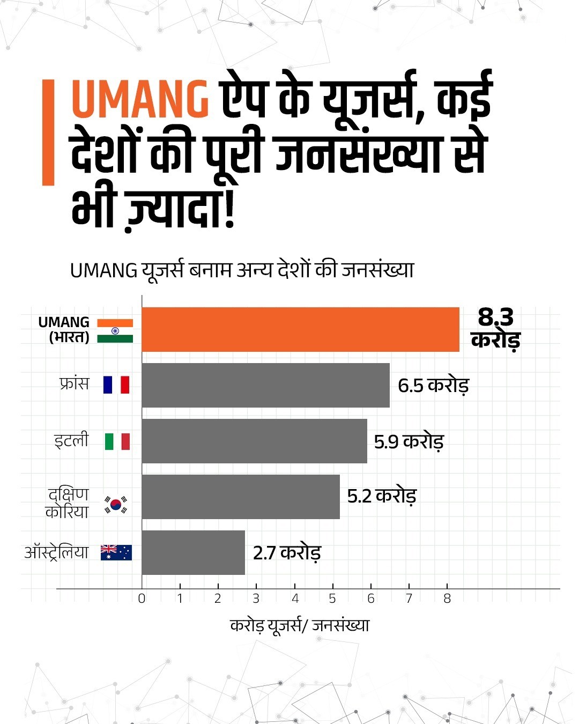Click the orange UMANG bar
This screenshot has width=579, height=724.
point(300,329)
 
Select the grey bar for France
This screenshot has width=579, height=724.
point(265,385)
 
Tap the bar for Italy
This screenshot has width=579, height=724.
point(254,441)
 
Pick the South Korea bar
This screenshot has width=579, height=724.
point(241,497)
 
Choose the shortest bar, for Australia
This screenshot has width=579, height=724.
point(193,552)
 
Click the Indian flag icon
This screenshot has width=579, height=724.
point(115,331)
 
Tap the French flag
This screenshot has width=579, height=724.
point(116,385)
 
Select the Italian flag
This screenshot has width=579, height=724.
point(117,441)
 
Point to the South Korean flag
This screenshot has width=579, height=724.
point(116,505)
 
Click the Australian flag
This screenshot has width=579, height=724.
point(116,552)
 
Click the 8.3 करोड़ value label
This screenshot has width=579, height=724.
point(496,328)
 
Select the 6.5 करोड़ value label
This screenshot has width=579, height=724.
point(433,386)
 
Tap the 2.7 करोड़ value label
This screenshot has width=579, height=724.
point(287,552)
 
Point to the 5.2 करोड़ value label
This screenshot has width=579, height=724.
point(382,496)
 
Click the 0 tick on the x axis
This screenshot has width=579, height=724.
point(142,599)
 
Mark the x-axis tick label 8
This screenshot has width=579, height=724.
point(447,599)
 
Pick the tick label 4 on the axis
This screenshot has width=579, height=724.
point(295,599)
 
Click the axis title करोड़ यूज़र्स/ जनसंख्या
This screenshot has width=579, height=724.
point(300,625)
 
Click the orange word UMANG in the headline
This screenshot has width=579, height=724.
point(140,99)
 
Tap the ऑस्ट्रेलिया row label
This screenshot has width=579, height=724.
point(56,552)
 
